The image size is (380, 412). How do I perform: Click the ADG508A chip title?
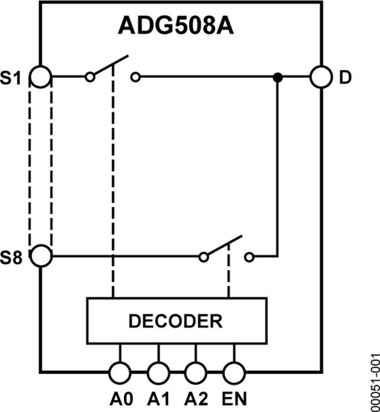coord(176,26)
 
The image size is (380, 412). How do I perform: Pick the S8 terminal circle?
coord(41,256)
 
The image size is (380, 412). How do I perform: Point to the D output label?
coord(345,79)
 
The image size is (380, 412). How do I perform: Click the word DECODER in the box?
coord(175,321)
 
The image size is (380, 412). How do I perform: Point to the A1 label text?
coord(158,398)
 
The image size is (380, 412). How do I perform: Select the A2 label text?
coord(196,398)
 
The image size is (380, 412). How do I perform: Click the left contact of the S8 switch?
coord(204,256)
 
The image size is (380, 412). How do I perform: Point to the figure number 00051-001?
coord(374,382)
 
